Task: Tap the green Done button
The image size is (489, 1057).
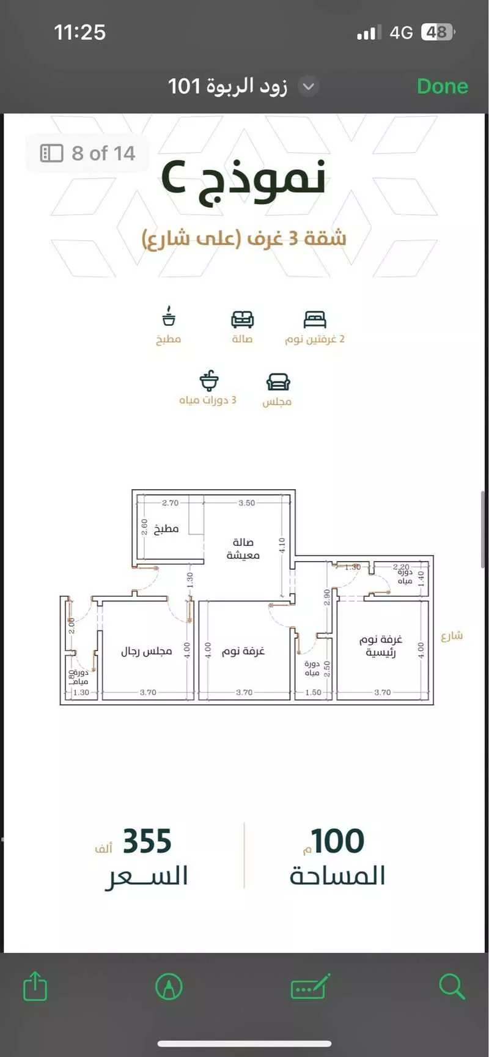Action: (x=442, y=86)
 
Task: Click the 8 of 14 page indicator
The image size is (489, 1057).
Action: (x=87, y=153)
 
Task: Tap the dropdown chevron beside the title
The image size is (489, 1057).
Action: (x=309, y=86)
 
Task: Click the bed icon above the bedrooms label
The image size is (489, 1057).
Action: (x=314, y=319)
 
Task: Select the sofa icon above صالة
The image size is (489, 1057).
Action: (x=242, y=319)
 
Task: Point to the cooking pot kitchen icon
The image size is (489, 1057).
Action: (x=169, y=318)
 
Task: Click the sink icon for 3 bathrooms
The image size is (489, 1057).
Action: (x=209, y=380)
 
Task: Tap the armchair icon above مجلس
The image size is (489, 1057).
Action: (x=278, y=382)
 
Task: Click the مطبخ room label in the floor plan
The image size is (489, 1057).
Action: (x=166, y=529)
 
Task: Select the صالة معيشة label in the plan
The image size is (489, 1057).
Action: (x=243, y=548)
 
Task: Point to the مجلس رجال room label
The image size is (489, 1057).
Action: (x=146, y=652)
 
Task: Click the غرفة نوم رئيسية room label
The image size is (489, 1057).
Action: (x=381, y=646)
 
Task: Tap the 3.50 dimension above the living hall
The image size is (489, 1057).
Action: (x=247, y=503)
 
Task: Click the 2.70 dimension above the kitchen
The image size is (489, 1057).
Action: (x=171, y=503)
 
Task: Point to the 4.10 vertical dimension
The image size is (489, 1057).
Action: (x=282, y=545)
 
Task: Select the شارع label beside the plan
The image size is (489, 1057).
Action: (x=452, y=636)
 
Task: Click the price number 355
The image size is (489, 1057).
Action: (x=147, y=841)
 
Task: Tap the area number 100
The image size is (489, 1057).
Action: (x=338, y=841)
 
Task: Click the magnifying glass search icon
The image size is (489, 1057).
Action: (x=452, y=986)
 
